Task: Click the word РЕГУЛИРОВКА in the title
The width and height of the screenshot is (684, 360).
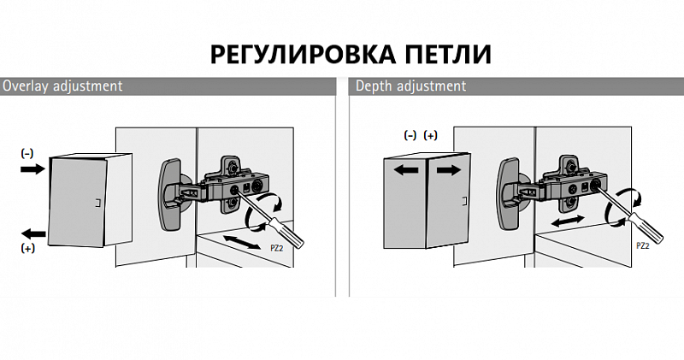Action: point(304,55)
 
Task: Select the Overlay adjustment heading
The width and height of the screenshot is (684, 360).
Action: point(62,86)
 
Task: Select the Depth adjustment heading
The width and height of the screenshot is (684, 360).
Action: point(411,86)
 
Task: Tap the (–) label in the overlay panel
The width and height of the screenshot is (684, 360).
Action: point(27,153)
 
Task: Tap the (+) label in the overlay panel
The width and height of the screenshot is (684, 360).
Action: point(27,248)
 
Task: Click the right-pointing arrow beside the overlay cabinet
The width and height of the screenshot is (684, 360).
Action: point(32,168)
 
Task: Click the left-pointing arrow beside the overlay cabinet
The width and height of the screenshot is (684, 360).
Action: point(33,233)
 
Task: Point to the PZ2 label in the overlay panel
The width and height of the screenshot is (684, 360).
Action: point(276,248)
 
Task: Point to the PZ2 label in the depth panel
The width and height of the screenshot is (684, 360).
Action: point(643,245)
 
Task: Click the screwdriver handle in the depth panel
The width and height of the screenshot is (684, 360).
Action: point(646,228)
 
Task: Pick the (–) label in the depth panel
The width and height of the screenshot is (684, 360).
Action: point(410,135)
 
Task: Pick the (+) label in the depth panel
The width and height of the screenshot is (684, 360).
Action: point(431,135)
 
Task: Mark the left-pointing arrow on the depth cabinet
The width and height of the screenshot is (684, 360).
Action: point(405,169)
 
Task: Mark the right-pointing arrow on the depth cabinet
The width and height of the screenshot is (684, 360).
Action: point(448,170)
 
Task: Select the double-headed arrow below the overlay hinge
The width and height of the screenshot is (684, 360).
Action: point(241,242)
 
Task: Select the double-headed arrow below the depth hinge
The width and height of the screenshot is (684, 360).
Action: point(568,221)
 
